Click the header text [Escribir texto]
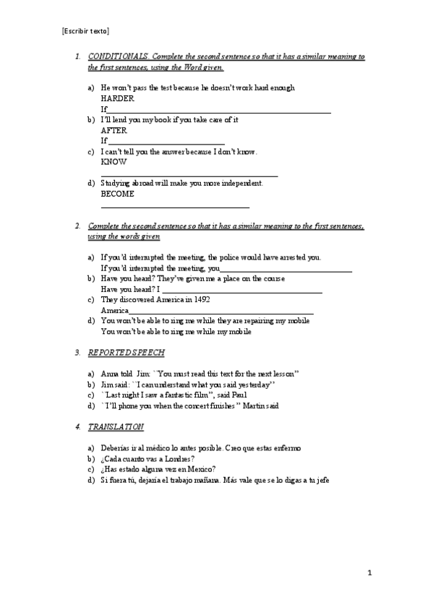(86, 31)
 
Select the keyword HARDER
(117, 98)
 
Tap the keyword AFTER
(114, 130)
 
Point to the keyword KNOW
(113, 162)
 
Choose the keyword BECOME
(117, 194)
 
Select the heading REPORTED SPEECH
(127, 353)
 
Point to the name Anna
(110, 374)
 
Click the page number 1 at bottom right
(369, 573)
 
